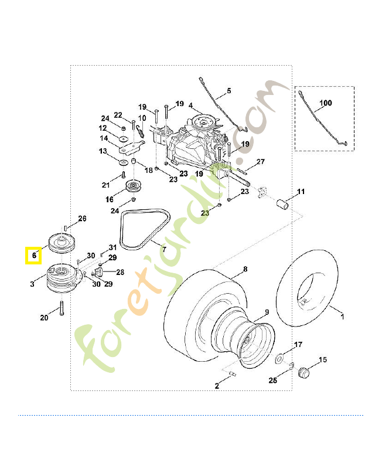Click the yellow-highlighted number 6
pyautogui.click(x=34, y=256)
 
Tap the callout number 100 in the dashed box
pyautogui.click(x=326, y=103)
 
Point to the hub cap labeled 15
pyautogui.click(x=303, y=372)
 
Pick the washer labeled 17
pyautogui.click(x=280, y=358)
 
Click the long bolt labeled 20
pyautogui.click(x=62, y=308)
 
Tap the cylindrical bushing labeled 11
pyautogui.click(x=282, y=204)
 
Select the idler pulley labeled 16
pyautogui.click(x=133, y=187)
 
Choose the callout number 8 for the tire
pyautogui.click(x=245, y=269)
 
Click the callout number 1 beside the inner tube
pyautogui.click(x=343, y=317)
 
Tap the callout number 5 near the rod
pyautogui.click(x=229, y=91)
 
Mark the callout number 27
pyautogui.click(x=261, y=162)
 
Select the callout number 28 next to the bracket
pyautogui.click(x=120, y=272)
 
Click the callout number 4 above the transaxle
pyautogui.click(x=190, y=106)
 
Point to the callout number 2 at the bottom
pyautogui.click(x=217, y=386)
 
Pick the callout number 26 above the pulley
pyautogui.click(x=82, y=219)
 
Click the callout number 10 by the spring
pyautogui.click(x=142, y=118)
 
